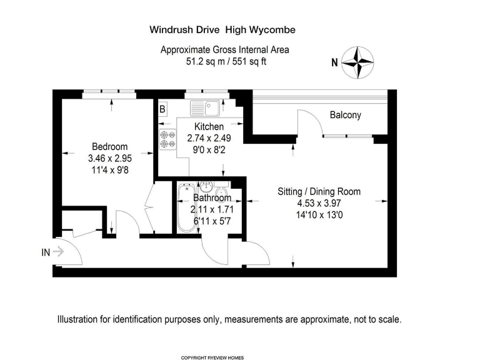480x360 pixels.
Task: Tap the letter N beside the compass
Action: click(334, 62)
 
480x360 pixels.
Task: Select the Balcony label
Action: click(346, 116)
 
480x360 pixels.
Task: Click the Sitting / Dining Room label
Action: click(319, 192)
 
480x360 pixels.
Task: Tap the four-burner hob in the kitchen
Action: click(167, 139)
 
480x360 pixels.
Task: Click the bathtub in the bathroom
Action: click(186, 209)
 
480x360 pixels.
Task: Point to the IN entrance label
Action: click(46, 252)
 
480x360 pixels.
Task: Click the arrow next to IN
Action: click(59, 252)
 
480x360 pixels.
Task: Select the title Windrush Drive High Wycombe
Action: click(222, 29)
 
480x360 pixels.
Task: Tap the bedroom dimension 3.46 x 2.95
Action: click(109, 158)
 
